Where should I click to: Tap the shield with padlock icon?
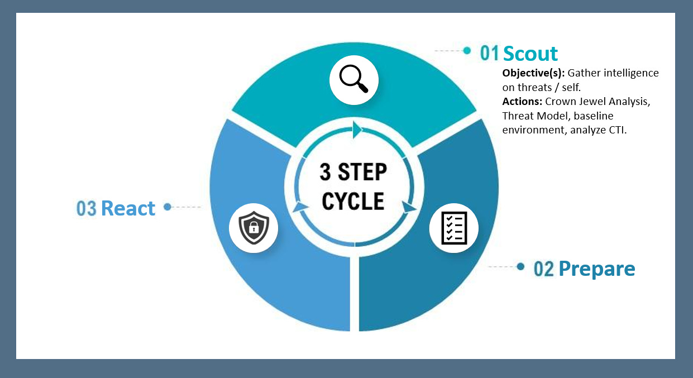(254, 228)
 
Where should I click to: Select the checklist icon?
(453, 228)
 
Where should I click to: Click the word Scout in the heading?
(530, 54)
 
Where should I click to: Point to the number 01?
(490, 54)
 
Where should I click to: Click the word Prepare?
(596, 269)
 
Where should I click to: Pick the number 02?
(544, 269)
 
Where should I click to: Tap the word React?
(128, 208)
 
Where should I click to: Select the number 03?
(87, 209)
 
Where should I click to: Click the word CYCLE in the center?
(353, 201)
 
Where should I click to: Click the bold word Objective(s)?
(533, 73)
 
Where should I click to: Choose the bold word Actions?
(522, 102)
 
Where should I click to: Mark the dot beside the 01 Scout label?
(467, 51)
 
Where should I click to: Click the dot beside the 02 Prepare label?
(520, 266)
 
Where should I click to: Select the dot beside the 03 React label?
(167, 207)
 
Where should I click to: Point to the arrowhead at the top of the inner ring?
(357, 131)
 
